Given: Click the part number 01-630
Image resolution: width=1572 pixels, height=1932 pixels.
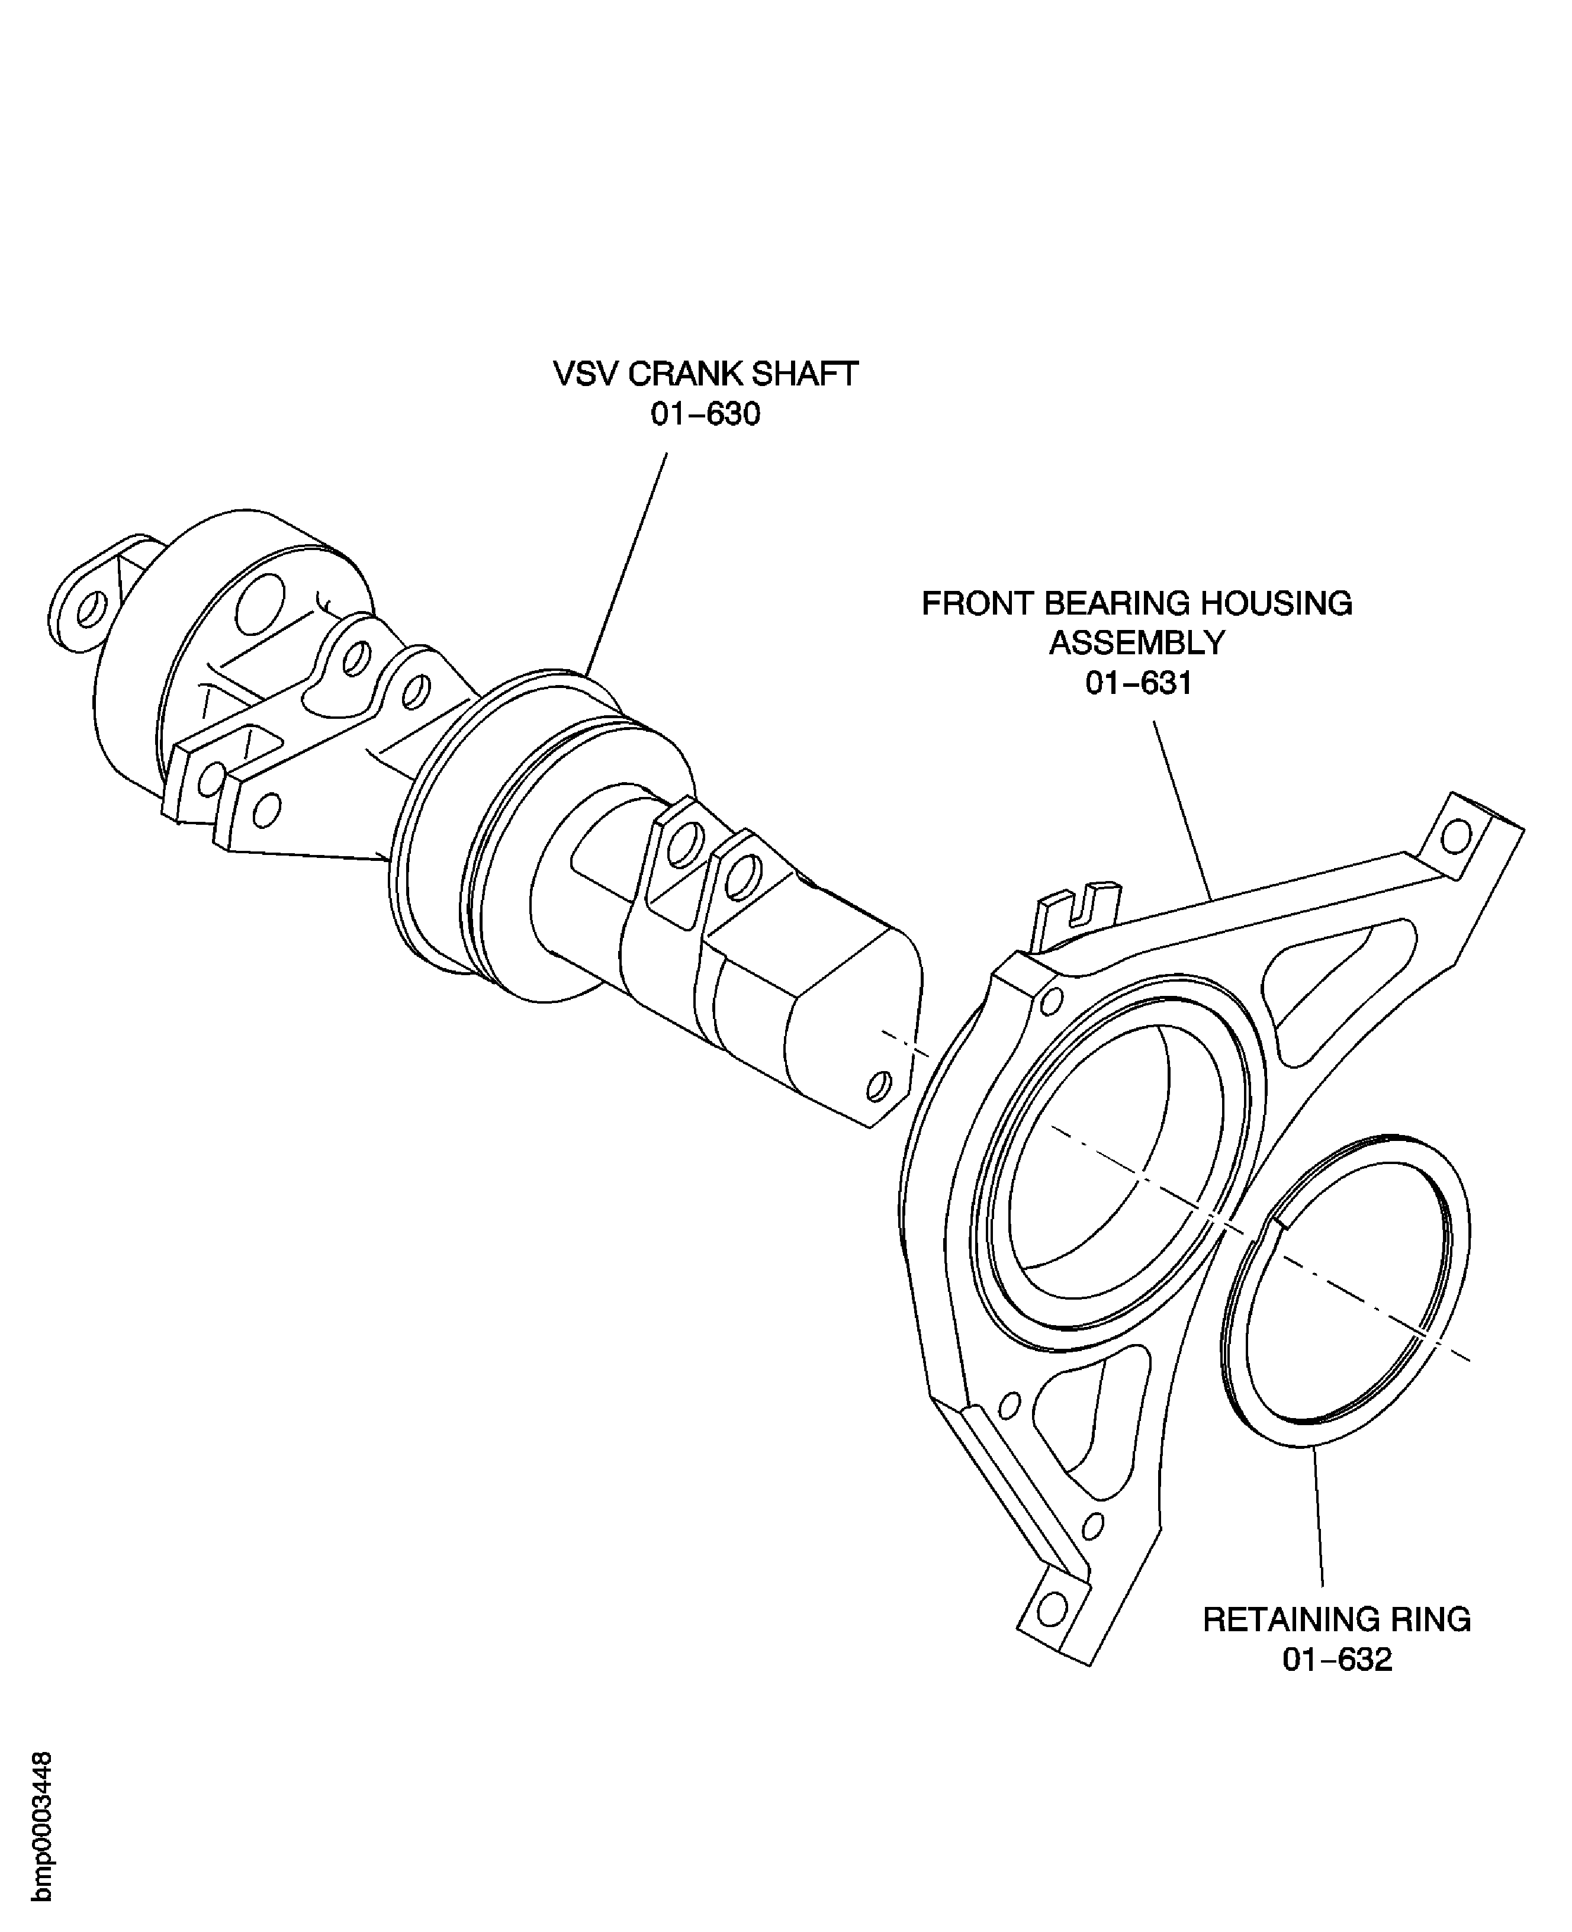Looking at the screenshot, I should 705,414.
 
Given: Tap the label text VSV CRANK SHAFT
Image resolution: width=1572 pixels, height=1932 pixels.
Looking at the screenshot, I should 705,374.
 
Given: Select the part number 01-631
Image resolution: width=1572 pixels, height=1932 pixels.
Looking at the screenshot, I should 1138,683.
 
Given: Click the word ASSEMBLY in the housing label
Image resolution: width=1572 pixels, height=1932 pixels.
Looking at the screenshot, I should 1137,643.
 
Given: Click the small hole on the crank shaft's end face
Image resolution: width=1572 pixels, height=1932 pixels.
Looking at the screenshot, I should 877,1085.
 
